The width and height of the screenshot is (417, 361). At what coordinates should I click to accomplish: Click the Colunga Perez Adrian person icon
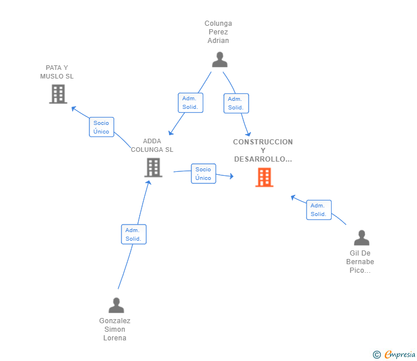pos(219,59)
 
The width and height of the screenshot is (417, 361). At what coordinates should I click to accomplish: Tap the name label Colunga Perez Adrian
pos(218,32)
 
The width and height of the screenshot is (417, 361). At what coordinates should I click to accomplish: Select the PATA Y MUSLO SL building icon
pos(58,94)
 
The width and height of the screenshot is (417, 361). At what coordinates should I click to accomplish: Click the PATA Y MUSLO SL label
pos(57,72)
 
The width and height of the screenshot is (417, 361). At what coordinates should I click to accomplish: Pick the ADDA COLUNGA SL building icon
pos(153,167)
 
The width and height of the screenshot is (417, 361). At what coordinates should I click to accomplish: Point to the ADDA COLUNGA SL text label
pos(152,146)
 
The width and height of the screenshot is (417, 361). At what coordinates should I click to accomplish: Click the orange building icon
pos(264,178)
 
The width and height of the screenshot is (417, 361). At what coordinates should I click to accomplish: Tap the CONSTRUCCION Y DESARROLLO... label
pos(263,150)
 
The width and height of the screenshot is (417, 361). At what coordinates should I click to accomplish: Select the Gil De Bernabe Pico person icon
pos(361,237)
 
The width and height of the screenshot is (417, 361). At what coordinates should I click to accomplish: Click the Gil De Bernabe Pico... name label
pos(360,262)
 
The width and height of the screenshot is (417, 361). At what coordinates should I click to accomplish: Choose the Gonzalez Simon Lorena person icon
pos(116,305)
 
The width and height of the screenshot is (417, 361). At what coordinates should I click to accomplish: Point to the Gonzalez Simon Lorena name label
pos(115,329)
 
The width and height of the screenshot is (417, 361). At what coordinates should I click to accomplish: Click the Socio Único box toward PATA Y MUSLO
pos(101,127)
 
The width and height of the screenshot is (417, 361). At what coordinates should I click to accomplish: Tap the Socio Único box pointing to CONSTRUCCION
pos(203,174)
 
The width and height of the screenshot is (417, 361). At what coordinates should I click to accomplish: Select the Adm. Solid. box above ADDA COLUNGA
pos(190,103)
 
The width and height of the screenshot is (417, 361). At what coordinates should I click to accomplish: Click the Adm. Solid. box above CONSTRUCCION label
pos(236,103)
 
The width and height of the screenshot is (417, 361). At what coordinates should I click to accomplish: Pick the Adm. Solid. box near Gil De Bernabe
pos(318,210)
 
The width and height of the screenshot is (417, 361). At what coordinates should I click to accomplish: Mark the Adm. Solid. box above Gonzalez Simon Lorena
pos(133,234)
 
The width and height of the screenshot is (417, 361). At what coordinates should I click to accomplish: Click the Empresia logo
pos(400,355)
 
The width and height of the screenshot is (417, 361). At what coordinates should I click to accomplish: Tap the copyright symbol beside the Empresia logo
pos(377,355)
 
